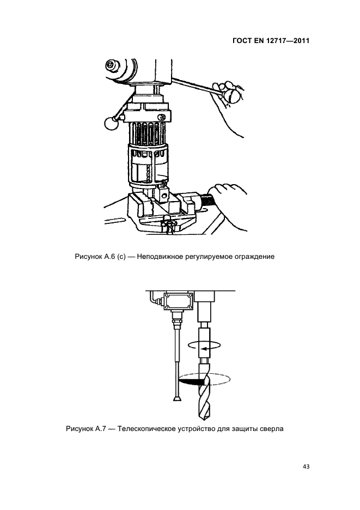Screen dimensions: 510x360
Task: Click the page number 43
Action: point(306,466)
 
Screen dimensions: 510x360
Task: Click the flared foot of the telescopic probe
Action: point(177,399)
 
